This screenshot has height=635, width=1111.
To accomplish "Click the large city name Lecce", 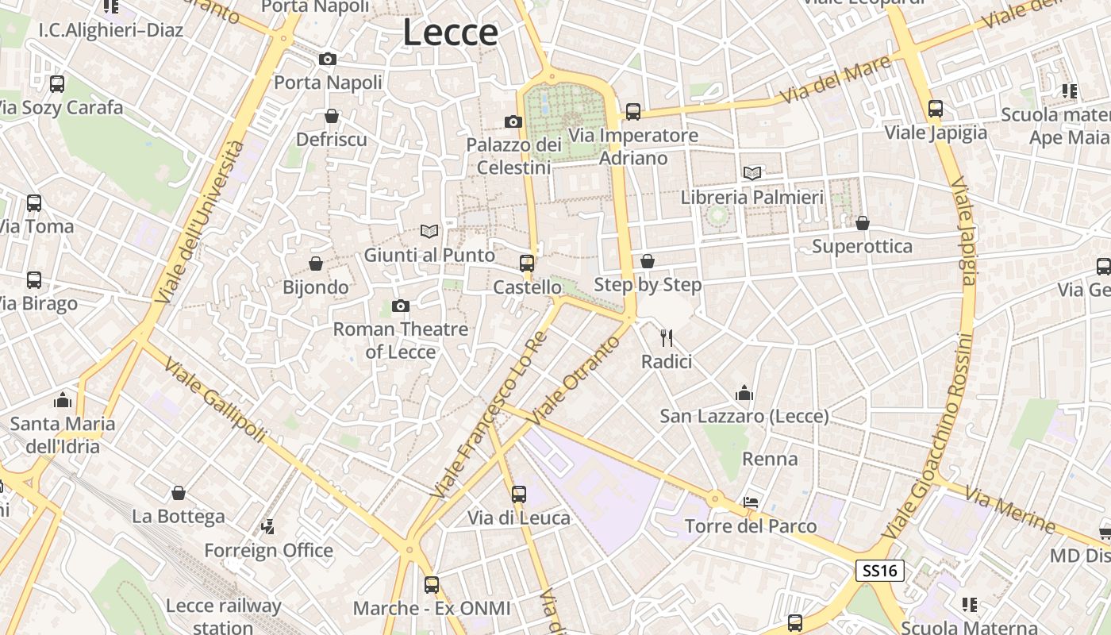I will (450, 33).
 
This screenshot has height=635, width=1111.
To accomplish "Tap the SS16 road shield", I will (880, 570).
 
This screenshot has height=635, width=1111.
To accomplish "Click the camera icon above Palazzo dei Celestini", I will (513, 121).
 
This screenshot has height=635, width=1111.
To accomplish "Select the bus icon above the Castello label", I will (527, 264).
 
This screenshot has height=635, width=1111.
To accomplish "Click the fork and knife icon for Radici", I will (667, 338).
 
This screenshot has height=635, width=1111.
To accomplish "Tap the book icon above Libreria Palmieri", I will (752, 173).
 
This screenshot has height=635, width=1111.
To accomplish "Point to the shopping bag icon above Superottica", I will (863, 223).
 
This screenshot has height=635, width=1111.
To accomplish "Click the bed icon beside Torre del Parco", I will (751, 502).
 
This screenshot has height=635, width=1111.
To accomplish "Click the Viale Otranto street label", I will (576, 380).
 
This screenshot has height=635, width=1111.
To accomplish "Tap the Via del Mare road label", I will (835, 80).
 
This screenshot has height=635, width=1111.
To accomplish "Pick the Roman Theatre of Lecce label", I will (401, 340).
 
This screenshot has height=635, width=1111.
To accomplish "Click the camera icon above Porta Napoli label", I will (327, 59).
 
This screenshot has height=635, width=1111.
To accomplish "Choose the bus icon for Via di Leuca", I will (519, 495).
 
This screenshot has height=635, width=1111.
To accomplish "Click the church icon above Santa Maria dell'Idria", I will (63, 400).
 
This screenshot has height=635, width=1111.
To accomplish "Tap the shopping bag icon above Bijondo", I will (316, 264).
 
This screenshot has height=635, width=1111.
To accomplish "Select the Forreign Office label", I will (268, 550).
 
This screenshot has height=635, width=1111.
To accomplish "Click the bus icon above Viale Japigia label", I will (936, 109).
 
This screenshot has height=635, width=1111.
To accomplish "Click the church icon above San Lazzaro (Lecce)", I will (744, 393).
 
